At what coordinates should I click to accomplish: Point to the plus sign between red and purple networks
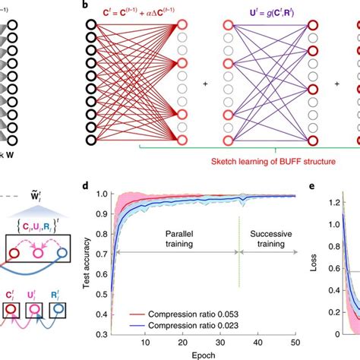click(x=204, y=83)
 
